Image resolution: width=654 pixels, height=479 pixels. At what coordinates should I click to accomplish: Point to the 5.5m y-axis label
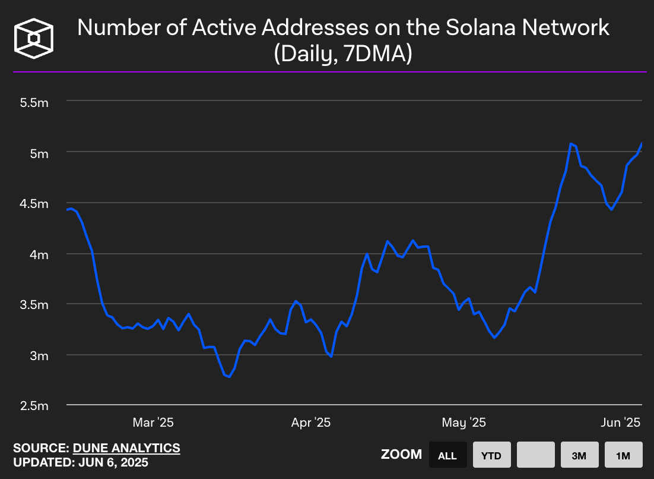tap(34, 103)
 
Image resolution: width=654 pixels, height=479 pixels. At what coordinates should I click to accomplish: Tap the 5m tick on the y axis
tap(39, 153)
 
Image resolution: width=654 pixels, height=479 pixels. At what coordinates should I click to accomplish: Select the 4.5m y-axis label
tap(34, 204)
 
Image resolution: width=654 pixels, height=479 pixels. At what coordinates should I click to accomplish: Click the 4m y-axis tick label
tap(39, 254)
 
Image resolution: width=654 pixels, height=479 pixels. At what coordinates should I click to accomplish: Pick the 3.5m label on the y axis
tap(34, 305)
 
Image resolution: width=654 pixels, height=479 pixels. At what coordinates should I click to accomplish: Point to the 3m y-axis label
tap(39, 355)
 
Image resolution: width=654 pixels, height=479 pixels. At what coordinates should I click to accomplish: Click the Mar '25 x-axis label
tap(153, 423)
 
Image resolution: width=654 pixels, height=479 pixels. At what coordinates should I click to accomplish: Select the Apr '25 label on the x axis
tap(311, 423)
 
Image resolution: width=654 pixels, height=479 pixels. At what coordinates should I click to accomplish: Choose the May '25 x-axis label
tap(464, 423)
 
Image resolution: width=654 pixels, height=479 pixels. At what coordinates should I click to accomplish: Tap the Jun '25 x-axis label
tap(621, 423)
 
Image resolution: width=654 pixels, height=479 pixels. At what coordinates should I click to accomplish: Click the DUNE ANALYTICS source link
tap(126, 448)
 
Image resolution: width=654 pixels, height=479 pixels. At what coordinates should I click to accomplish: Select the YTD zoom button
tap(491, 456)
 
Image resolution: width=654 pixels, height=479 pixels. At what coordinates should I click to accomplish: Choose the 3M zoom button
tap(579, 456)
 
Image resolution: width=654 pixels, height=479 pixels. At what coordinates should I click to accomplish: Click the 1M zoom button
tap(623, 456)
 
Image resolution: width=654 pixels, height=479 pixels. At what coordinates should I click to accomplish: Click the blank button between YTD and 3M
tap(535, 456)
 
